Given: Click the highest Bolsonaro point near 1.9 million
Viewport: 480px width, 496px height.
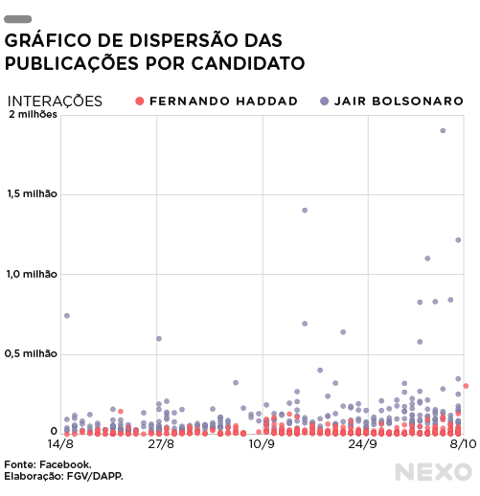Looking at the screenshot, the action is pyautogui.click(x=443, y=130).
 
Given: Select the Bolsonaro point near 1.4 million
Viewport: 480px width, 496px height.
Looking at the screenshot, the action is pyautogui.click(x=305, y=211).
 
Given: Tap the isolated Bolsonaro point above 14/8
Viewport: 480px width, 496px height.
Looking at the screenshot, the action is pyautogui.click(x=67, y=316).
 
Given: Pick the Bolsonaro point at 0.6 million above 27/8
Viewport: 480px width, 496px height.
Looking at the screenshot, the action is pyautogui.click(x=159, y=339).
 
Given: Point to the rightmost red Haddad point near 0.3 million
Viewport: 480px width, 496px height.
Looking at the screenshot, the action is pyautogui.click(x=466, y=386).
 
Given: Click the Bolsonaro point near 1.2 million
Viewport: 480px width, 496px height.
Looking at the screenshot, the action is pyautogui.click(x=458, y=240).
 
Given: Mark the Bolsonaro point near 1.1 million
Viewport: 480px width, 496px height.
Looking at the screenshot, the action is pyautogui.click(x=427, y=259).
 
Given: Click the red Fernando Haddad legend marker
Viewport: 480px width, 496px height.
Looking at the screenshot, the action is pyautogui.click(x=139, y=101).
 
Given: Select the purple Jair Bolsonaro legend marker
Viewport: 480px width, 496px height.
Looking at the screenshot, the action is pyautogui.click(x=324, y=101).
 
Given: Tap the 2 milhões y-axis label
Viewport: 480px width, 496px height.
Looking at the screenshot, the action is pyautogui.click(x=33, y=114).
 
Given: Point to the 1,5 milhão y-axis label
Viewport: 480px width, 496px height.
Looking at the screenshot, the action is pyautogui.click(x=32, y=193).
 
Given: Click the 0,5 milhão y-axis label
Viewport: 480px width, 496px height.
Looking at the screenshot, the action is pyautogui.click(x=31, y=353).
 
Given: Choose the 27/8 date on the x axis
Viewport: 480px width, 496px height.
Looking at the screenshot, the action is pyautogui.click(x=161, y=443).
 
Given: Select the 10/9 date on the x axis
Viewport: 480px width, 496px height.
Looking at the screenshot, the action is pyautogui.click(x=262, y=443).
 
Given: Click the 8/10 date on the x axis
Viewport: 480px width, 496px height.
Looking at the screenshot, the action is pyautogui.click(x=463, y=443).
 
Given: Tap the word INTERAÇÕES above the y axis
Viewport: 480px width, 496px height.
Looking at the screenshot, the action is pyautogui.click(x=55, y=101).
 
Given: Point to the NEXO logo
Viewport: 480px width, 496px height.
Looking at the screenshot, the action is pyautogui.click(x=433, y=472).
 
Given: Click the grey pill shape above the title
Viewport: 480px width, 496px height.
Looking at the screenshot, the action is pyautogui.click(x=17, y=19).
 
